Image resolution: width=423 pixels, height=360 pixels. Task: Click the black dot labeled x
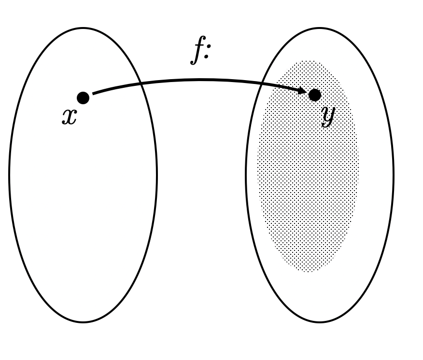tap(83, 97)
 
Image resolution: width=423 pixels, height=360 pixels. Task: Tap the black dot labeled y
tap(314, 95)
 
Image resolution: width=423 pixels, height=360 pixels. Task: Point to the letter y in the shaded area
tap(328, 116)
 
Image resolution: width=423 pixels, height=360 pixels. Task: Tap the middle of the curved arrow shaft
tap(198, 80)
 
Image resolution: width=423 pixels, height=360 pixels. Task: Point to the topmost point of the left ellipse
tap(83, 28)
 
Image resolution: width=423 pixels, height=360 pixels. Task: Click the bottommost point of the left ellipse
tap(83, 322)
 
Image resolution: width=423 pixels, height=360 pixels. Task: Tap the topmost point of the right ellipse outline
tap(320, 28)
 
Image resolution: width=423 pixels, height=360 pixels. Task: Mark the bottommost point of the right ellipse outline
tap(320, 322)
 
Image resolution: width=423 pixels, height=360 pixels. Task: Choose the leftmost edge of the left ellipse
tap(10, 175)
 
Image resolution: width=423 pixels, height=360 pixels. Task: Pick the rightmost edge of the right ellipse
tap(393, 175)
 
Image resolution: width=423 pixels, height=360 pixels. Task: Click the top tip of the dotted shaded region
tap(308, 61)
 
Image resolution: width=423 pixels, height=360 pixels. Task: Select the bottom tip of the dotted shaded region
tap(308, 272)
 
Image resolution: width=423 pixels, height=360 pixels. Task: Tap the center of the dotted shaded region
tap(308, 166)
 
